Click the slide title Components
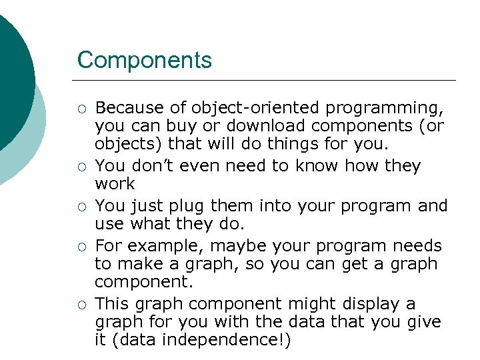(x=145, y=60)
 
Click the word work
(x=115, y=183)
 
